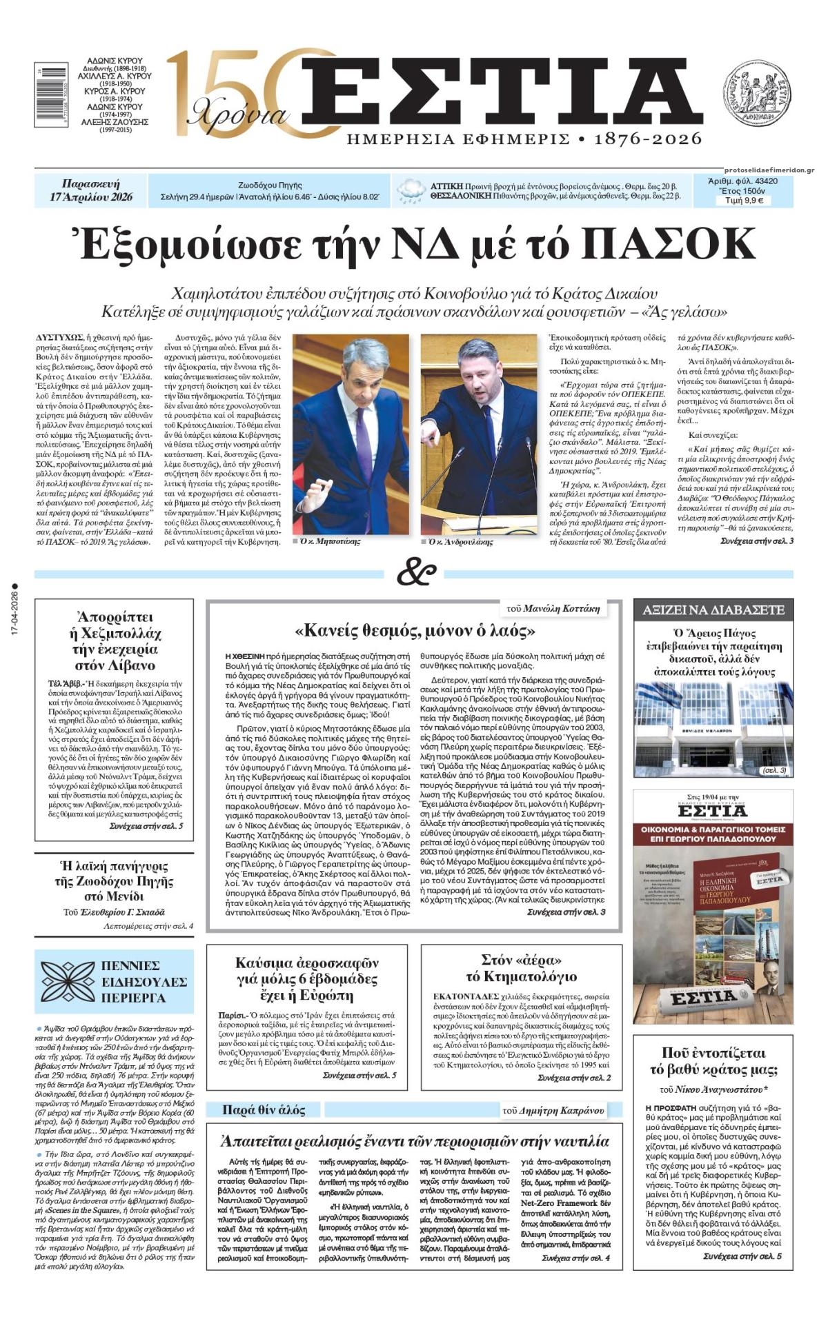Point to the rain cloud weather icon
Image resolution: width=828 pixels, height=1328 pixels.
(411, 191)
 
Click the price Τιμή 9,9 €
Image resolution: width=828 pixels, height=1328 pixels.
(742, 201)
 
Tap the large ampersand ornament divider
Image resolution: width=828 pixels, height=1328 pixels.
(416, 573)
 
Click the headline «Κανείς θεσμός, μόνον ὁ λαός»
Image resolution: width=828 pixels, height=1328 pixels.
(415, 630)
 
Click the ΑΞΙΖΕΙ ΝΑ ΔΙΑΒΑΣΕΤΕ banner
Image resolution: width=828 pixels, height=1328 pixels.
(713, 610)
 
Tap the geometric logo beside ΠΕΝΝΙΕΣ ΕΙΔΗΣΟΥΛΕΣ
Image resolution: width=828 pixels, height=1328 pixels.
(67, 982)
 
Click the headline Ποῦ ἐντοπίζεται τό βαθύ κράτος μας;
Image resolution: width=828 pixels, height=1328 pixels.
(713, 1061)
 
